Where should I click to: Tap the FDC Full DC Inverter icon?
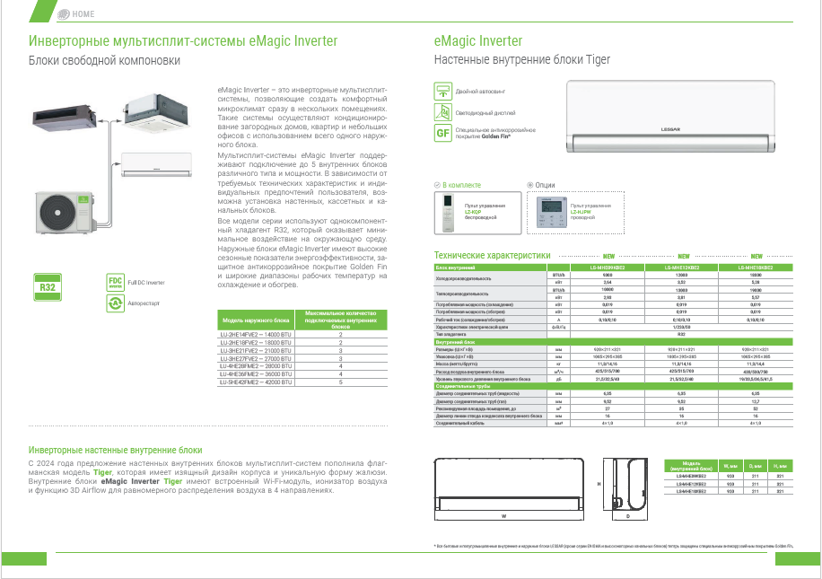[x=114, y=281]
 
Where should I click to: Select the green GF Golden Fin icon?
[x=442, y=133]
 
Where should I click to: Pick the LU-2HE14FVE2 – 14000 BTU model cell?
[x=256, y=334]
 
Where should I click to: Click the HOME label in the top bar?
[x=83, y=14]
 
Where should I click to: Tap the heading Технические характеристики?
[x=492, y=255]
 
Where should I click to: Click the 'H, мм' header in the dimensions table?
[x=780, y=466]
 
